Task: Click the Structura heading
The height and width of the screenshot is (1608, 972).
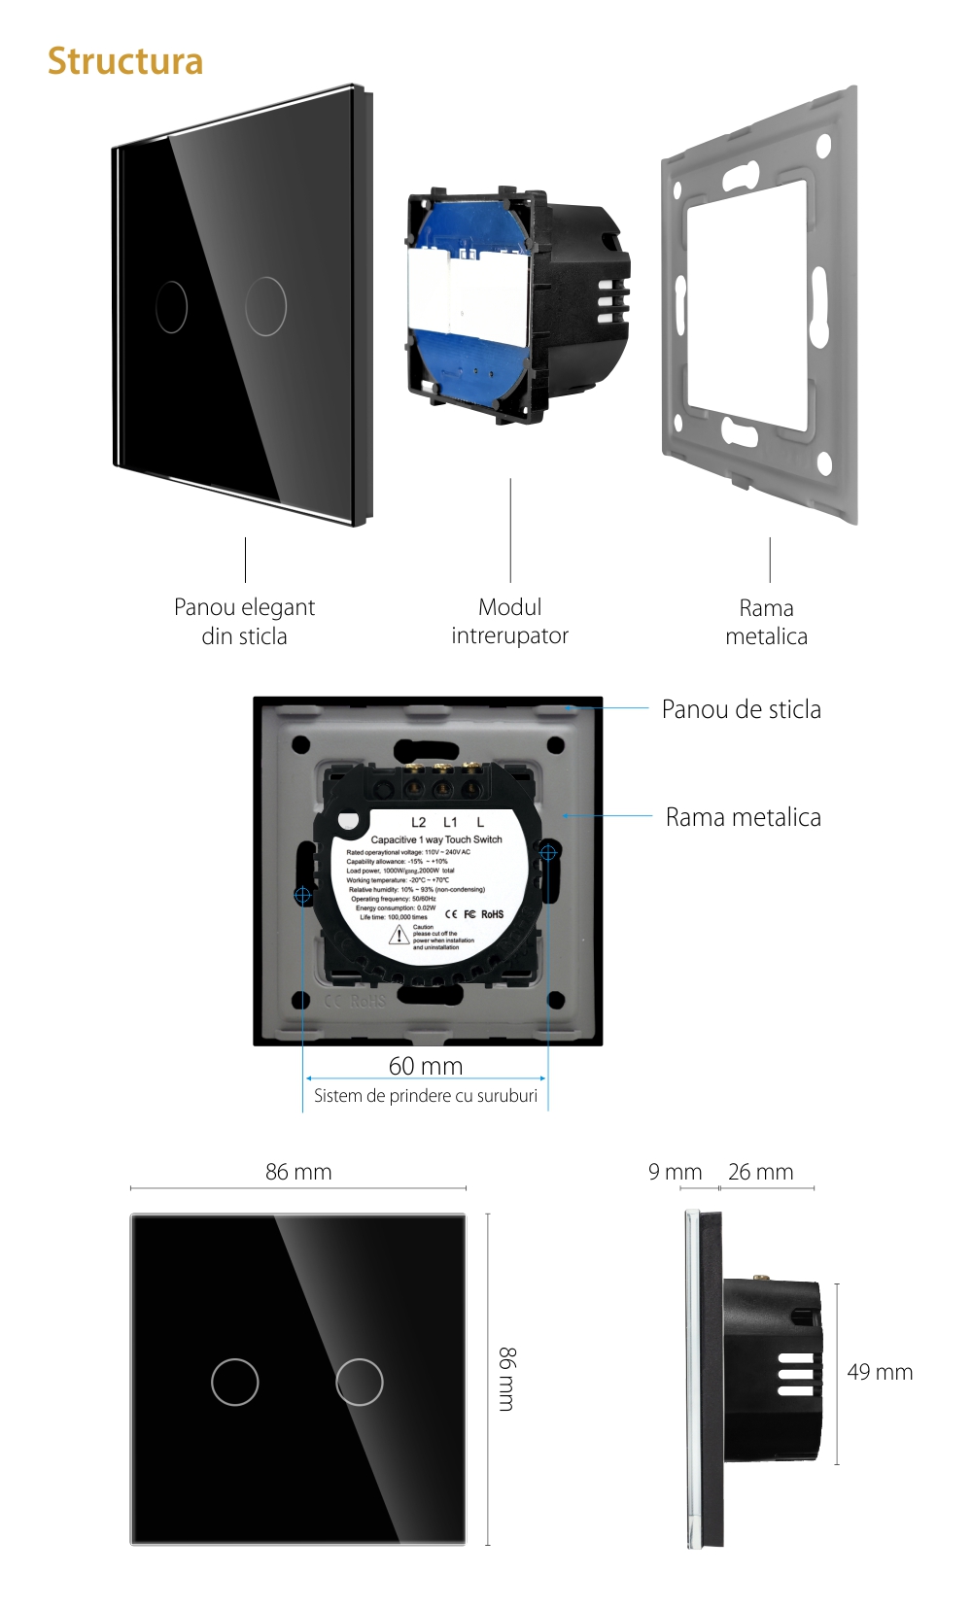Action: coord(125,61)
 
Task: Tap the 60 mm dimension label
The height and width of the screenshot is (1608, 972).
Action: coord(426,1066)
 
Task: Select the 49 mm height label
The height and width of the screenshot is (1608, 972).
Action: coord(880,1372)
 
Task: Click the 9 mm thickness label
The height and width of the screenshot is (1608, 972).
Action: coord(675,1172)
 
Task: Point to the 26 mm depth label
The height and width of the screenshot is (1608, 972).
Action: coord(760,1172)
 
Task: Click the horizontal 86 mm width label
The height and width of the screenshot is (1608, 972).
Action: coord(298,1172)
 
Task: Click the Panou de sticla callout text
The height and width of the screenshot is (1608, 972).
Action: coord(741,709)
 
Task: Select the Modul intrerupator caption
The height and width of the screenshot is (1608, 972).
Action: coord(509,622)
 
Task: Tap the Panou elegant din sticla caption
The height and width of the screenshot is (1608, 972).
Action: coord(244,622)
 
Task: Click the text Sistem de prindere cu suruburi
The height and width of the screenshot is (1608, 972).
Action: coord(426,1096)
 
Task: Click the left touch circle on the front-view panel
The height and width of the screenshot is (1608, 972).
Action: coord(235,1382)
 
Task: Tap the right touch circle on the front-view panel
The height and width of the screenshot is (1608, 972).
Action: coord(360,1382)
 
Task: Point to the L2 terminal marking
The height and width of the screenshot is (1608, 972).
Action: coord(418,822)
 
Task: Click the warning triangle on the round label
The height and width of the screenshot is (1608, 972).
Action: coord(399,936)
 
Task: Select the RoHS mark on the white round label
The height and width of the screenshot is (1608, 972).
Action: coord(493,914)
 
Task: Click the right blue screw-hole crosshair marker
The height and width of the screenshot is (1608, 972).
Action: coord(548,852)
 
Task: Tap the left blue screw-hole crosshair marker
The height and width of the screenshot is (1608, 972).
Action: coord(302,894)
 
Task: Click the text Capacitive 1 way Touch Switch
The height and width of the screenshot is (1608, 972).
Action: coord(436,839)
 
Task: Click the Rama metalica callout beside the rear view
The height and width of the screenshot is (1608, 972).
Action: coord(743,817)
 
